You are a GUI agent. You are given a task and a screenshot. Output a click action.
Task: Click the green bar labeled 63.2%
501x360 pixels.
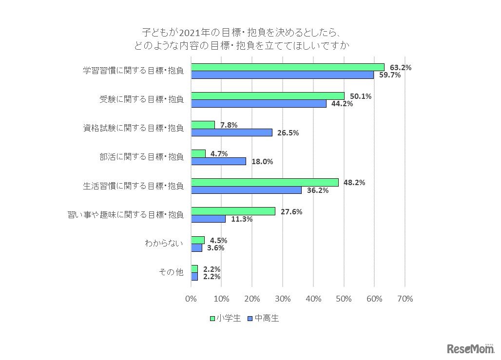[x=288, y=67]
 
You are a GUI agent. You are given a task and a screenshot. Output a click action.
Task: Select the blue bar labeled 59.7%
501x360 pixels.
[x=282, y=75]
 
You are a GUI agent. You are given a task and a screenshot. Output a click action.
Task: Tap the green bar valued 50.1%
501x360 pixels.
[x=268, y=96]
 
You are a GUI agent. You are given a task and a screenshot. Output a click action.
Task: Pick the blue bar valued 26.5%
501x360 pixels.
[x=231, y=133]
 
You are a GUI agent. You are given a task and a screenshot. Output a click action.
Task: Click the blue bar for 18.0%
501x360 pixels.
[x=218, y=161]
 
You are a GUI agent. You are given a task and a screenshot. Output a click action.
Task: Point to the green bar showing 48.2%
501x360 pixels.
[x=265, y=182]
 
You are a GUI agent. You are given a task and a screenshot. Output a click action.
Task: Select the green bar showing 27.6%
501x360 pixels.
[x=233, y=211]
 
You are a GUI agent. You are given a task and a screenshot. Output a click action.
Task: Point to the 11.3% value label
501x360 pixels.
[x=241, y=219]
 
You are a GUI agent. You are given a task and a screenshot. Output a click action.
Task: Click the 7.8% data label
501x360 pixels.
[x=229, y=125]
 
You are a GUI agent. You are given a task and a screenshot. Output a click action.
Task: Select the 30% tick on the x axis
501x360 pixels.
[x=283, y=299]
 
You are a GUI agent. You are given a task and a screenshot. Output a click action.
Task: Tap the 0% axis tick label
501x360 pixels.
[x=191, y=299]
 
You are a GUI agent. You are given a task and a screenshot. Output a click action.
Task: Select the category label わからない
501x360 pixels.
[x=164, y=244]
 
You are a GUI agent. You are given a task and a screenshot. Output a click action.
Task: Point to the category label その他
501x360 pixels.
[x=172, y=272]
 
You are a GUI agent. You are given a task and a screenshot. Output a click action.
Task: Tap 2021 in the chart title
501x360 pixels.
[x=189, y=33]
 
